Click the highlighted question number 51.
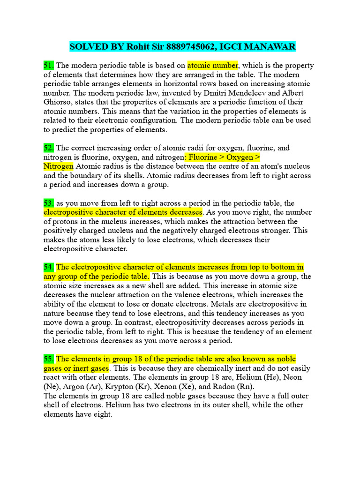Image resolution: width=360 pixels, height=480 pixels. click(49, 66)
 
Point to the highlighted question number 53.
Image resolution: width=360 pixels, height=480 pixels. click(49, 203)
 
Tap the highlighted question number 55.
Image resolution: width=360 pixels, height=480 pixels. click(49, 359)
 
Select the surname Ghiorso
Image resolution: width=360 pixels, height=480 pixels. click(59, 102)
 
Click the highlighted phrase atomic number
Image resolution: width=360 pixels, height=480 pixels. click(213, 66)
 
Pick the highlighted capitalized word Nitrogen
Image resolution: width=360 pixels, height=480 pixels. click(59, 166)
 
